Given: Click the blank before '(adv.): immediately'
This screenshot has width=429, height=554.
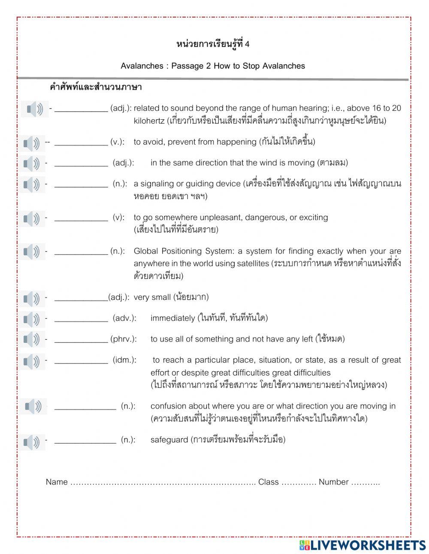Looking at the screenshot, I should tap(81, 318).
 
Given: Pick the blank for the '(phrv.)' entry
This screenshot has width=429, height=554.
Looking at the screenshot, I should tap(81, 339).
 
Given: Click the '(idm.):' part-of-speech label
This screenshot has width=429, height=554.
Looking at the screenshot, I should tap(124, 360).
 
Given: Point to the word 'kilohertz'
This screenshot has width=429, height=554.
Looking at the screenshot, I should tap(149, 121).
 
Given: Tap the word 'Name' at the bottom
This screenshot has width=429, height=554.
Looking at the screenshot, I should tap(57, 482).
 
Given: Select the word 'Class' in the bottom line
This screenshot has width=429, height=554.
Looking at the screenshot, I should tap(268, 482).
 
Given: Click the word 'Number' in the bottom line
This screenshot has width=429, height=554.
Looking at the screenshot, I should tap(333, 482).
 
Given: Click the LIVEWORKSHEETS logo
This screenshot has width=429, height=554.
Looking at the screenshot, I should tap(363, 545).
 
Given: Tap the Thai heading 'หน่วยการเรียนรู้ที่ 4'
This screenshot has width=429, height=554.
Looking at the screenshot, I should tap(213, 44).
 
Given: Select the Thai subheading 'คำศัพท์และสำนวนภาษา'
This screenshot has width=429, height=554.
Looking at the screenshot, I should tap(96, 88).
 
